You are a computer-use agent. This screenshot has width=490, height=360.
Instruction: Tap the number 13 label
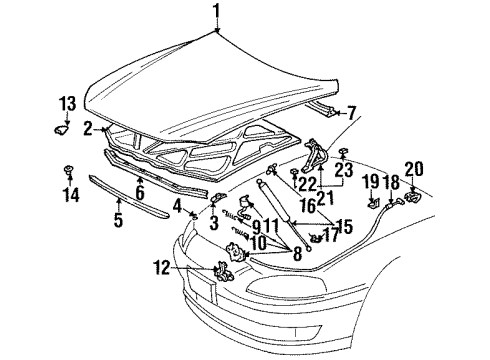coord(66,103)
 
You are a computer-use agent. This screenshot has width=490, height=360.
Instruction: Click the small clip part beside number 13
coord(61,126)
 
